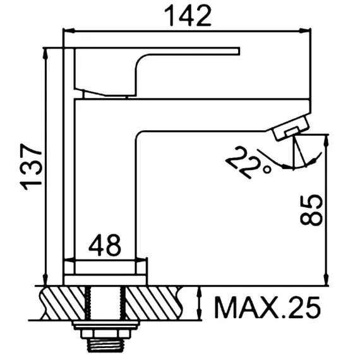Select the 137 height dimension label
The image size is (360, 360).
click(x=31, y=166)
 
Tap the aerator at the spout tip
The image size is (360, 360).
click(x=289, y=130)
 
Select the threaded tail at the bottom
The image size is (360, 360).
click(x=105, y=345)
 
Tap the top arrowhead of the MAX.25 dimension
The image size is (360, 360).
click(x=200, y=291)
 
